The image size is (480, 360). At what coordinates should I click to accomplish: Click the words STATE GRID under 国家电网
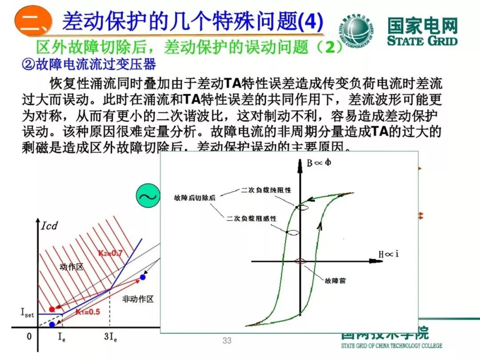422,41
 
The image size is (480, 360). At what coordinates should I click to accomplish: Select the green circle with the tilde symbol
148,196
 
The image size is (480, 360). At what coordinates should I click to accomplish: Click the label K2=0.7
110,253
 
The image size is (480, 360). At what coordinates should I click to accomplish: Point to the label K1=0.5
88,312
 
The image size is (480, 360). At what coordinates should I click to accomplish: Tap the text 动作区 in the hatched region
71,267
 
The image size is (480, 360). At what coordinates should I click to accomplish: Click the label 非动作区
138,299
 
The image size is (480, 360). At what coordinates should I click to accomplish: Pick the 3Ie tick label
110,336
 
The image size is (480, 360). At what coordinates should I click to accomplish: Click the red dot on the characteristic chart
52,309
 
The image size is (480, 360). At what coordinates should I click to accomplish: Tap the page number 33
227,341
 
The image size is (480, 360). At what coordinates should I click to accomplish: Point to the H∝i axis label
388,254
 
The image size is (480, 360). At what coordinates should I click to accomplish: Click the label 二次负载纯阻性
266,190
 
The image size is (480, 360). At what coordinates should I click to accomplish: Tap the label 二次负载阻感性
251,218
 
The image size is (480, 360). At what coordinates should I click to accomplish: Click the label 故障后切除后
195,198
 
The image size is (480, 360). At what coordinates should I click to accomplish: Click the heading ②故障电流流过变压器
89,65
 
